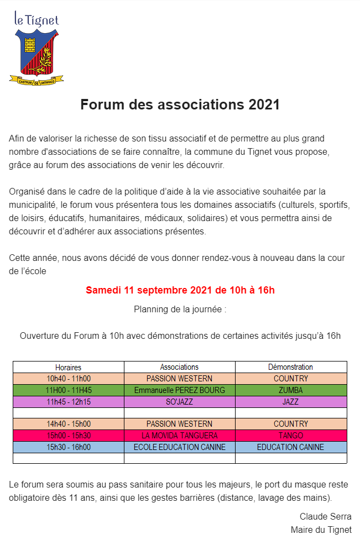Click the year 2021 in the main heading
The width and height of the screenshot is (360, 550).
click(x=264, y=105)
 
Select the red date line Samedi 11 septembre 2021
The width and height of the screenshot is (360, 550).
click(x=180, y=290)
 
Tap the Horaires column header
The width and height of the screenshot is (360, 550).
click(x=68, y=367)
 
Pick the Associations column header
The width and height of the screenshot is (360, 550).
click(x=179, y=367)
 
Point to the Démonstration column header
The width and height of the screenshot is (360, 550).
click(x=290, y=367)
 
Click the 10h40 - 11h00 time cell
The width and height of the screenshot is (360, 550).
click(x=69, y=379)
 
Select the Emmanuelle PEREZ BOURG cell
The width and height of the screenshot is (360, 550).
click(x=179, y=390)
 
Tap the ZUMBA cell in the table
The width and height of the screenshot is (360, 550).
click(x=290, y=390)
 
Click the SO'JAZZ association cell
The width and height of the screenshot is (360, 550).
click(x=179, y=402)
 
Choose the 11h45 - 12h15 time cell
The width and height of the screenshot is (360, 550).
click(x=69, y=402)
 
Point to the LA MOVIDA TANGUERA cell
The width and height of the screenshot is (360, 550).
click(x=179, y=436)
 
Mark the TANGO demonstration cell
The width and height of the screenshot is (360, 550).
click(x=290, y=436)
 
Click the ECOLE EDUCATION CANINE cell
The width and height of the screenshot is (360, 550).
click(x=179, y=447)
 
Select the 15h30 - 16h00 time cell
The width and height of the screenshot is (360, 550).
click(x=69, y=447)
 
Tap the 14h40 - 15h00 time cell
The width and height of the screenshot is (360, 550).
click(x=69, y=424)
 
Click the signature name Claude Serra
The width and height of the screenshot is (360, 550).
click(x=325, y=517)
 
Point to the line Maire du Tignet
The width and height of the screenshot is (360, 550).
click(x=321, y=530)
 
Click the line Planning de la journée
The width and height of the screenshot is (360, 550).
click(x=180, y=309)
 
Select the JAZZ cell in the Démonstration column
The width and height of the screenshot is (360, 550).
click(x=290, y=402)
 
